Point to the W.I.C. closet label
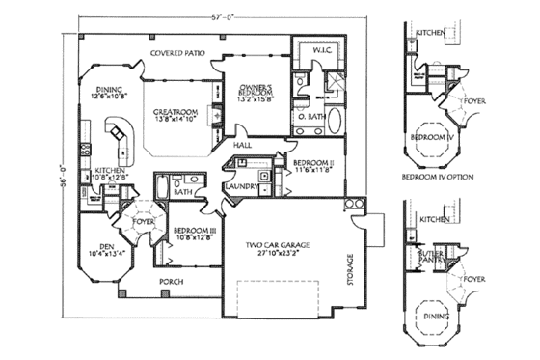click(323, 49)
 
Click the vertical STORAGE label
click(350, 269)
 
